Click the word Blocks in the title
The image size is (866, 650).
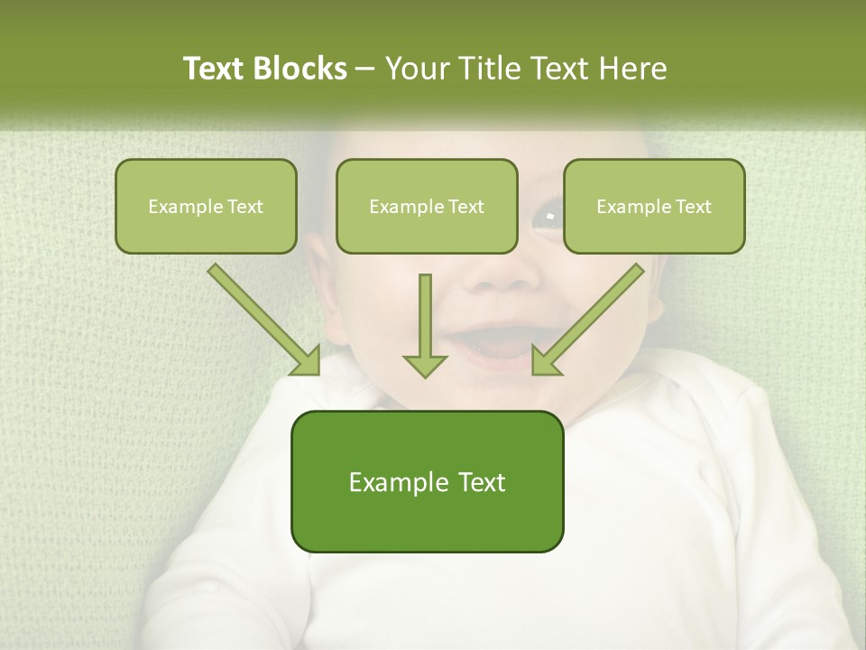[299, 69]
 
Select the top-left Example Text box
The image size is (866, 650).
[206, 206]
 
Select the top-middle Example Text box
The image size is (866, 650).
[427, 206]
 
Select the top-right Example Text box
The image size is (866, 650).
[654, 206]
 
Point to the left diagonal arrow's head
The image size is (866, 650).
[307, 361]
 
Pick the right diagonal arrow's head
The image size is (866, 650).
[545, 361]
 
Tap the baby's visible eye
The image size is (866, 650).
[546, 217]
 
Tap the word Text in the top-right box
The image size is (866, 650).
[693, 207]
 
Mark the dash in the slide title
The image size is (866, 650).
[365, 70]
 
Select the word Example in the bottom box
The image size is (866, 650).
[398, 482]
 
